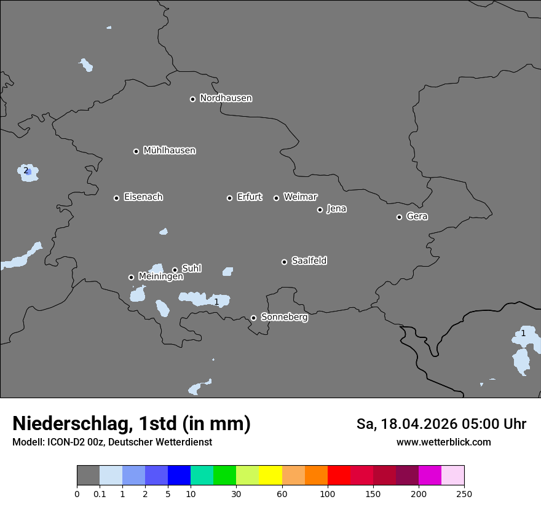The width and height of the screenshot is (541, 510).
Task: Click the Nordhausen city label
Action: pyautogui.click(x=226, y=98)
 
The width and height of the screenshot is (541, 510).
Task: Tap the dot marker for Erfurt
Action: pyautogui.click(x=229, y=198)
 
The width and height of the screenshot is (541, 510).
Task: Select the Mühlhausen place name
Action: pyautogui.click(x=169, y=151)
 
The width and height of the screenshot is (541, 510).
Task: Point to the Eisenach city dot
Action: pyautogui.click(x=116, y=198)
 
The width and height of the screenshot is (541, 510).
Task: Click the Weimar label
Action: pyautogui.click(x=300, y=197)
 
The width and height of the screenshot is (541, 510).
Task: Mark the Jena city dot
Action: pyautogui.click(x=320, y=210)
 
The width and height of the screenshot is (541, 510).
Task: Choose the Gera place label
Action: pyautogui.click(x=417, y=216)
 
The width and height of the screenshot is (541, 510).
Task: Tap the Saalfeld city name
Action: pyautogui.click(x=309, y=261)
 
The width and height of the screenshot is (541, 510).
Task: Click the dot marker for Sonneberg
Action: pyautogui.click(x=253, y=318)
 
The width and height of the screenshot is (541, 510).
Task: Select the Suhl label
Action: pyautogui.click(x=191, y=269)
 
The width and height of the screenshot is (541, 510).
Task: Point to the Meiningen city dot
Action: pyautogui.click(x=131, y=277)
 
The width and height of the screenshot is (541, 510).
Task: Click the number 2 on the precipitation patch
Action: pyautogui.click(x=26, y=170)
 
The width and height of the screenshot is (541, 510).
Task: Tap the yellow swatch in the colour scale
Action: pyautogui.click(x=270, y=476)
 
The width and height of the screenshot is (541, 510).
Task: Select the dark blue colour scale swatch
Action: pyautogui.click(x=179, y=476)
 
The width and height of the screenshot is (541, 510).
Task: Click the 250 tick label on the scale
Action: pyautogui.click(x=464, y=494)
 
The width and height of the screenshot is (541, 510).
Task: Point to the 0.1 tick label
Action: pyautogui.click(x=100, y=494)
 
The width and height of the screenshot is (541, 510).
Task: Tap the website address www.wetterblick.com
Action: pyautogui.click(x=443, y=442)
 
